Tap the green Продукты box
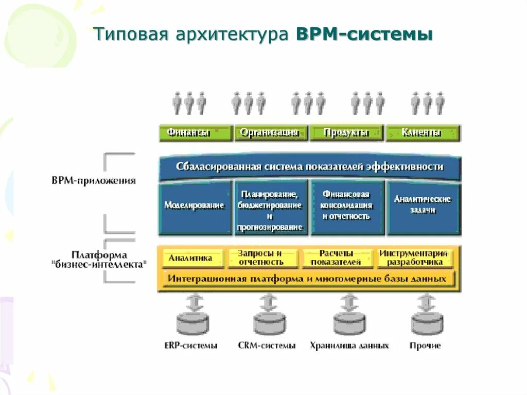tap(346, 133)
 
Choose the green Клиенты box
tap(423, 133)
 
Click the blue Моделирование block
tap(195, 206)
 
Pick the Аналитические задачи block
tap(423, 206)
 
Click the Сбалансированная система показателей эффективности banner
tap(309, 167)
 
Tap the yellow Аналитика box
tap(191, 259)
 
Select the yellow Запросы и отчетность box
tap(261, 258)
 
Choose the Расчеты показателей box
tap(337, 258)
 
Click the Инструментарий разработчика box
tap(414, 258)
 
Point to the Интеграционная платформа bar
tap(307, 279)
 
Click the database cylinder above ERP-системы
tap(193, 323)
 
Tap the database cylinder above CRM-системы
tap(269, 323)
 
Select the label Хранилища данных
tap(349, 346)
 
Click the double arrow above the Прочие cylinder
tap(426, 302)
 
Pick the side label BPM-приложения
tap(94, 181)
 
